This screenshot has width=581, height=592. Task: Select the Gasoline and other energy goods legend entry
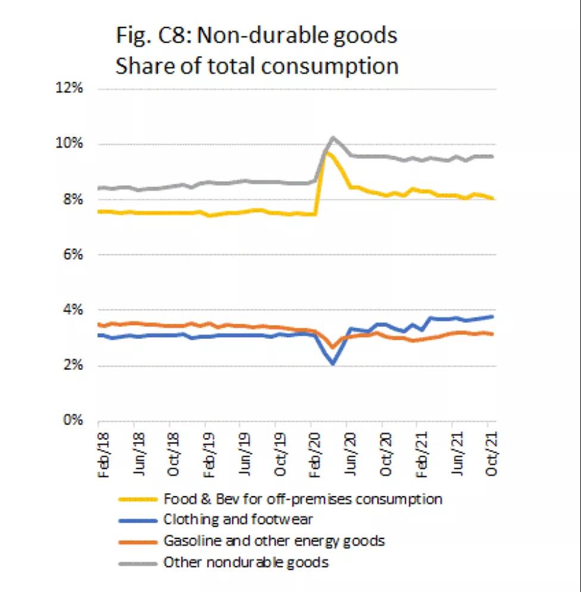coord(274,541)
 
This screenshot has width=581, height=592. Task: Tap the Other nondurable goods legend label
coord(245,562)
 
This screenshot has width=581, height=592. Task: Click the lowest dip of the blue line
coord(333,363)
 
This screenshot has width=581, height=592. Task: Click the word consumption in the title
coord(336,65)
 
